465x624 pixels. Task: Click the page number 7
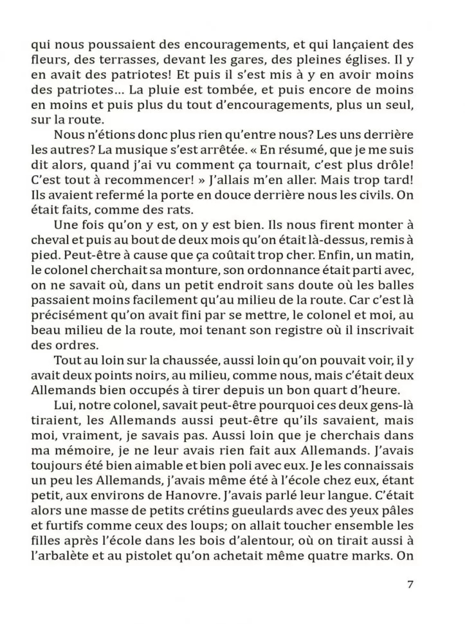[x=411, y=584]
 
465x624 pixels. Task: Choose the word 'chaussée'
[x=170, y=360]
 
